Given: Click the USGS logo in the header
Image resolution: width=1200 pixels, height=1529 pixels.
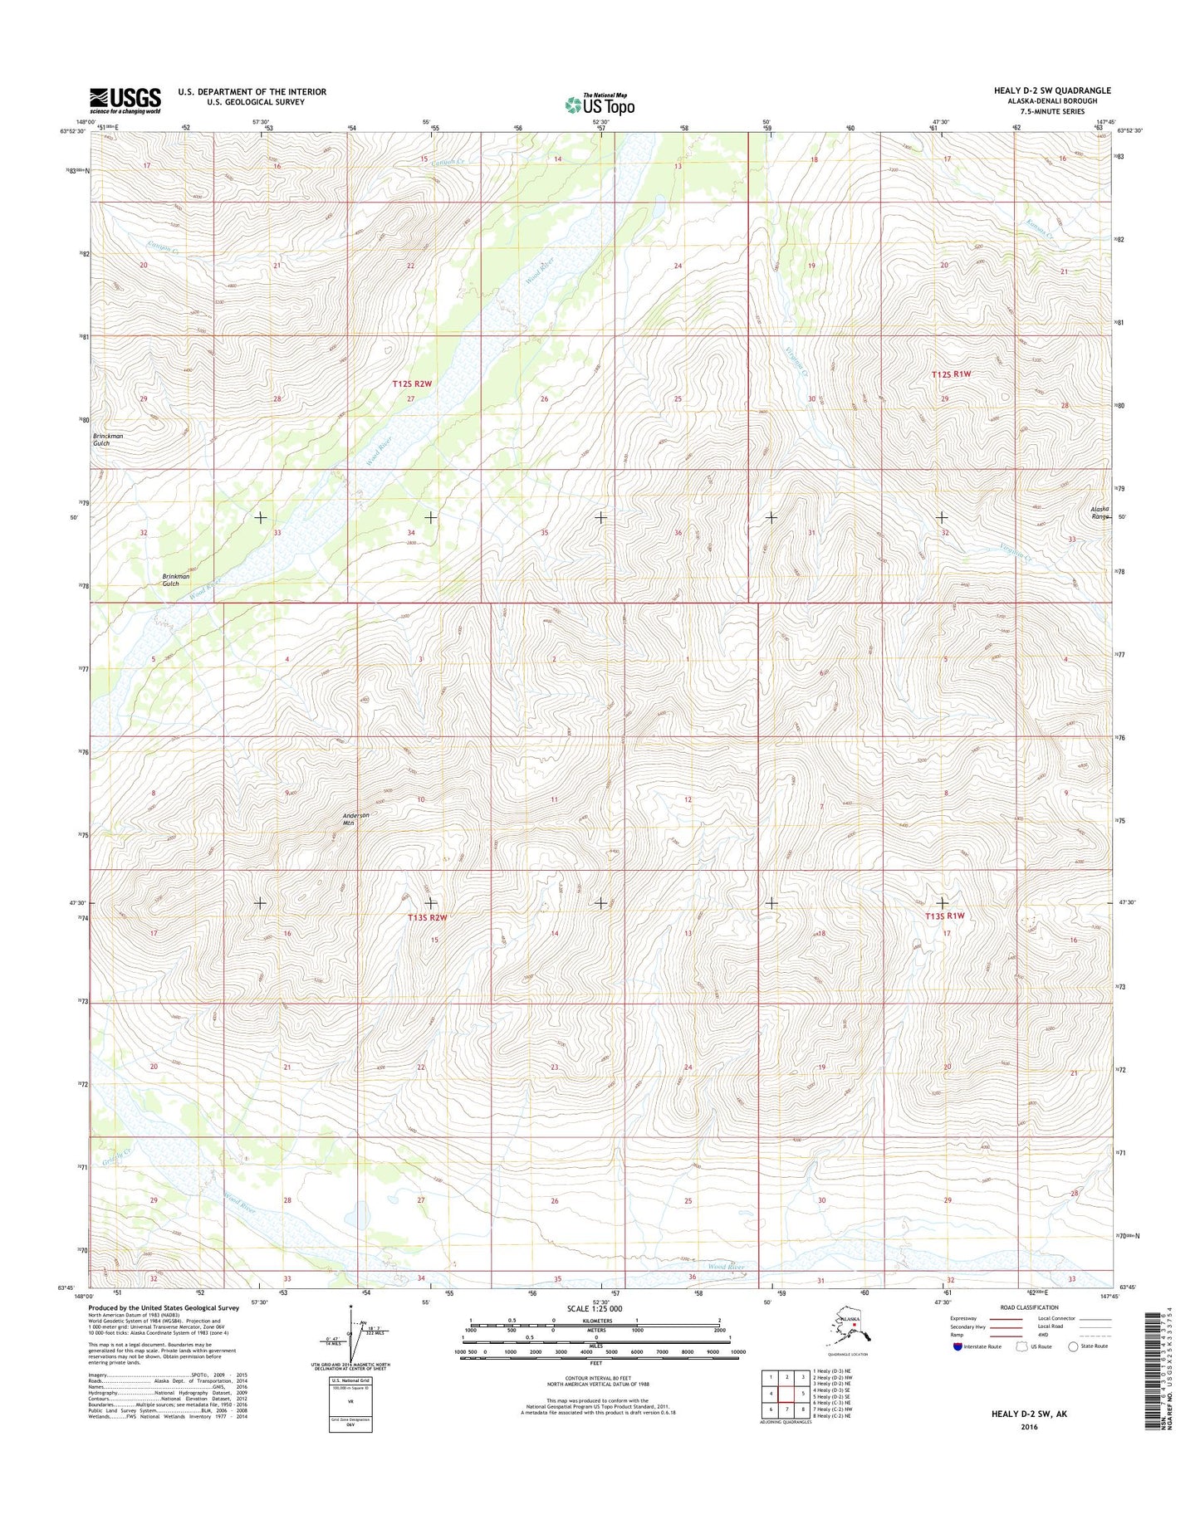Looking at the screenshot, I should pyautogui.click(x=125, y=100).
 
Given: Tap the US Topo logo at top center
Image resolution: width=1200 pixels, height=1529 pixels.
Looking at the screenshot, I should pyautogui.click(x=600, y=105).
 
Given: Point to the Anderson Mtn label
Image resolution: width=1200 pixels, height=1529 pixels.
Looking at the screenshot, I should pyautogui.click(x=356, y=818).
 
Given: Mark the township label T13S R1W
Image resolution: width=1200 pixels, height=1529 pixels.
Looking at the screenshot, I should pyautogui.click(x=945, y=916).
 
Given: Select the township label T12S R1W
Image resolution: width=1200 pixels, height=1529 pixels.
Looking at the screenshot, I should pyautogui.click(x=951, y=374).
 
